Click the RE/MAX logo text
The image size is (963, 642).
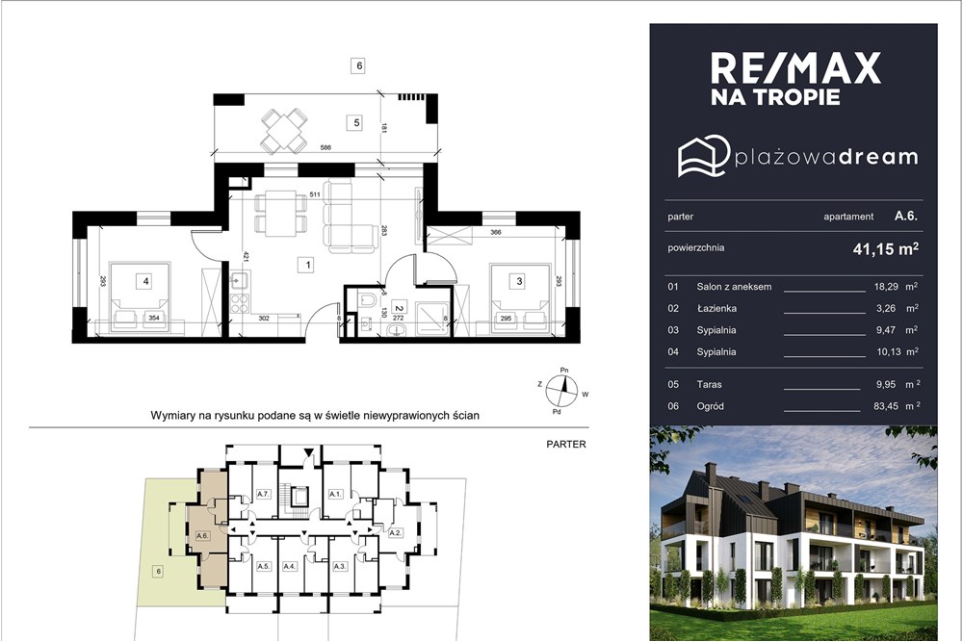coord(796,68)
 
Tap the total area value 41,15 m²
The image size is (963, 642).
coord(886,248)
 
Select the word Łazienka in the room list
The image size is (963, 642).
coord(716,308)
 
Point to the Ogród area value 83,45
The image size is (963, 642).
coord(885,405)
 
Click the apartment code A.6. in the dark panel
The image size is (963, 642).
coord(906,216)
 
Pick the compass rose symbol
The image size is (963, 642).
coord(562,391)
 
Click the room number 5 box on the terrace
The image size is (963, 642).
coord(357,123)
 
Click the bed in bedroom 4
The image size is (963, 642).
coord(140,297)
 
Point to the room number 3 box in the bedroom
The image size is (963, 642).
coord(520,281)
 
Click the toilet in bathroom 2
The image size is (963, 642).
coord(369,299)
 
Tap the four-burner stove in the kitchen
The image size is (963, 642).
coord(240,304)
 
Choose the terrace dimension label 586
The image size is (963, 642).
coord(325,147)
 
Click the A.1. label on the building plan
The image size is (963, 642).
coord(335,494)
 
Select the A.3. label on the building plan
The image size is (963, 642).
coord(340,566)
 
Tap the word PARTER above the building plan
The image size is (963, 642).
coord(566,444)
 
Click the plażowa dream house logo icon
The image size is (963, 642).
coord(704,156)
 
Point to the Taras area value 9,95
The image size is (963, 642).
coord(886,384)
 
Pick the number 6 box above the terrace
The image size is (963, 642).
coord(358,65)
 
